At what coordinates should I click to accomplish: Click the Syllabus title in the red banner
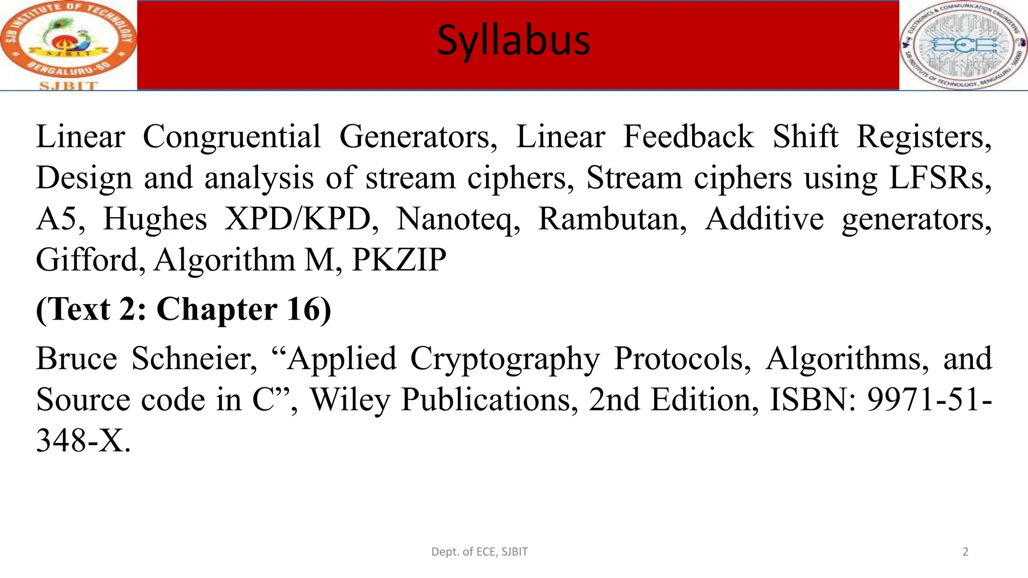(x=513, y=40)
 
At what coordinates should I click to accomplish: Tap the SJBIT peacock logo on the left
(x=68, y=45)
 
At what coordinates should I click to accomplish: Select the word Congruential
(x=231, y=136)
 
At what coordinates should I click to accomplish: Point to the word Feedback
(x=688, y=136)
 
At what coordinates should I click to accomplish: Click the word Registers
(x=924, y=136)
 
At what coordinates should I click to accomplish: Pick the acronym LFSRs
(x=940, y=178)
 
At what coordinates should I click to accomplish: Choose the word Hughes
(x=155, y=219)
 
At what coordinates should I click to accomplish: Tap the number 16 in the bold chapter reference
(x=308, y=309)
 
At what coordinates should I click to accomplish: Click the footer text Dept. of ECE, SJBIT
(x=479, y=552)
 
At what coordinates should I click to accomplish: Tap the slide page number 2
(x=965, y=552)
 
